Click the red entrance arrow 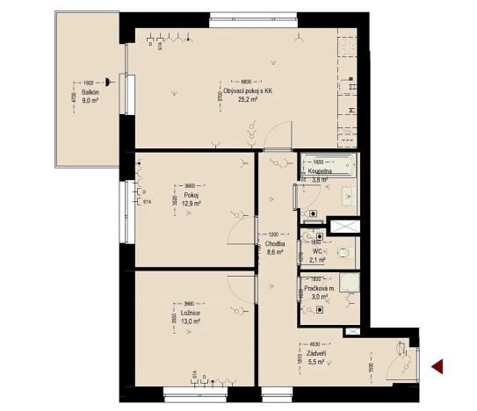click(437, 366)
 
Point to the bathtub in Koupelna click(328, 164)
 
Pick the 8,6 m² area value click(275, 252)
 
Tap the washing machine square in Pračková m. click(351, 282)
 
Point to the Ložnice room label click(193, 313)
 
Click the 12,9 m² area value click(192, 203)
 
